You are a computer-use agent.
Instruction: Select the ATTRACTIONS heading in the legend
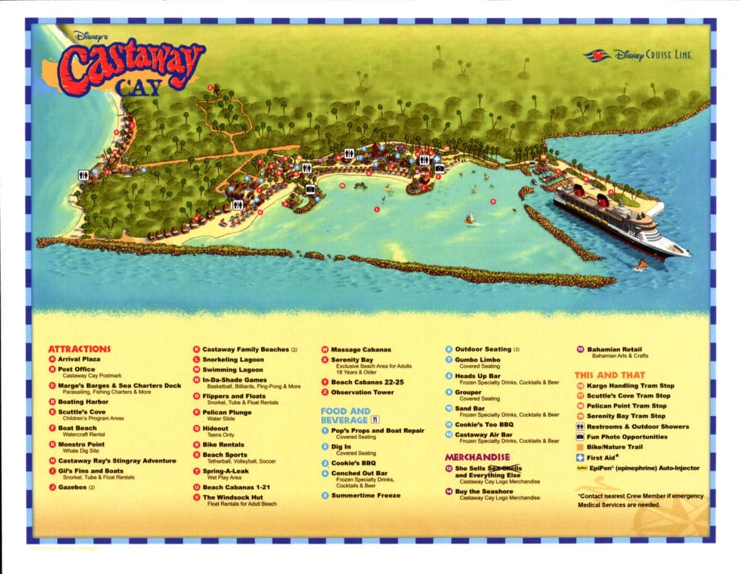point(79,348)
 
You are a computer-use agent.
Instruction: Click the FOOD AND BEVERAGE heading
point(346,415)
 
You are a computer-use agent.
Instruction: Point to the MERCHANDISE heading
point(477,457)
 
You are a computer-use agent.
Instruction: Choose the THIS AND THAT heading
point(608,375)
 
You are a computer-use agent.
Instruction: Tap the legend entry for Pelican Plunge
point(227,412)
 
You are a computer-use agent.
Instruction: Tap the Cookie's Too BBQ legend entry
point(484,424)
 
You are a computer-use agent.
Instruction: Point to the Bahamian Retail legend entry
point(614,350)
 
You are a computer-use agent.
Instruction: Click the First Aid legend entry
point(606,458)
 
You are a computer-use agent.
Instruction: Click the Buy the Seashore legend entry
point(483,492)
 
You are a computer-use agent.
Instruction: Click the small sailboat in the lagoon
point(469,218)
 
